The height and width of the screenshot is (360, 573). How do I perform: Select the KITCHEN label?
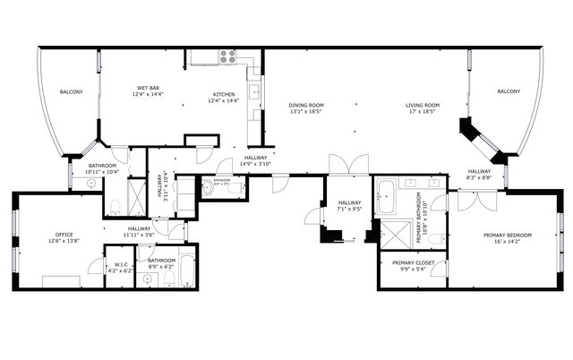pos(224,95)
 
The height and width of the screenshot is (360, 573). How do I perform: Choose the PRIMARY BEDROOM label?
pos(508,236)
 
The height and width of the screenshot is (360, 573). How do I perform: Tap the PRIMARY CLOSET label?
pos(413,262)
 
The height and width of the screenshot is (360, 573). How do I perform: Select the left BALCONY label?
pos(72,92)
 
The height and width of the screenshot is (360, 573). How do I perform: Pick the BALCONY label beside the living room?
pos(509,91)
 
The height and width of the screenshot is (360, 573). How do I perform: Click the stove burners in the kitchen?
pos(227,56)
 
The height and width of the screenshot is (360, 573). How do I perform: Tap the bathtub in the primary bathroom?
pos(386,196)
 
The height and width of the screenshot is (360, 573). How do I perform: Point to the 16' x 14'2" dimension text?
pos(508,242)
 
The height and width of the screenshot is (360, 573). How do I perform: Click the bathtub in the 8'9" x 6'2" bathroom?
pos(187,268)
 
